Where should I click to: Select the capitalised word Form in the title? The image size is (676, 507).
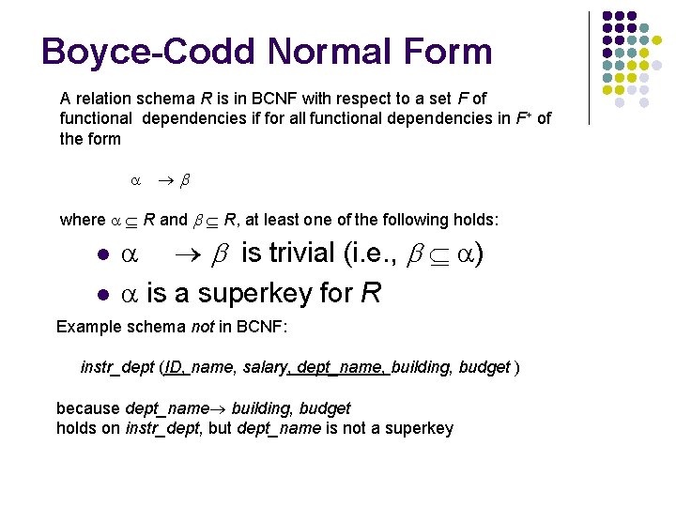(x=443, y=52)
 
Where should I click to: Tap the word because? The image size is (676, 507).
(x=88, y=408)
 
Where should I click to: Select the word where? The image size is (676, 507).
(x=83, y=220)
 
